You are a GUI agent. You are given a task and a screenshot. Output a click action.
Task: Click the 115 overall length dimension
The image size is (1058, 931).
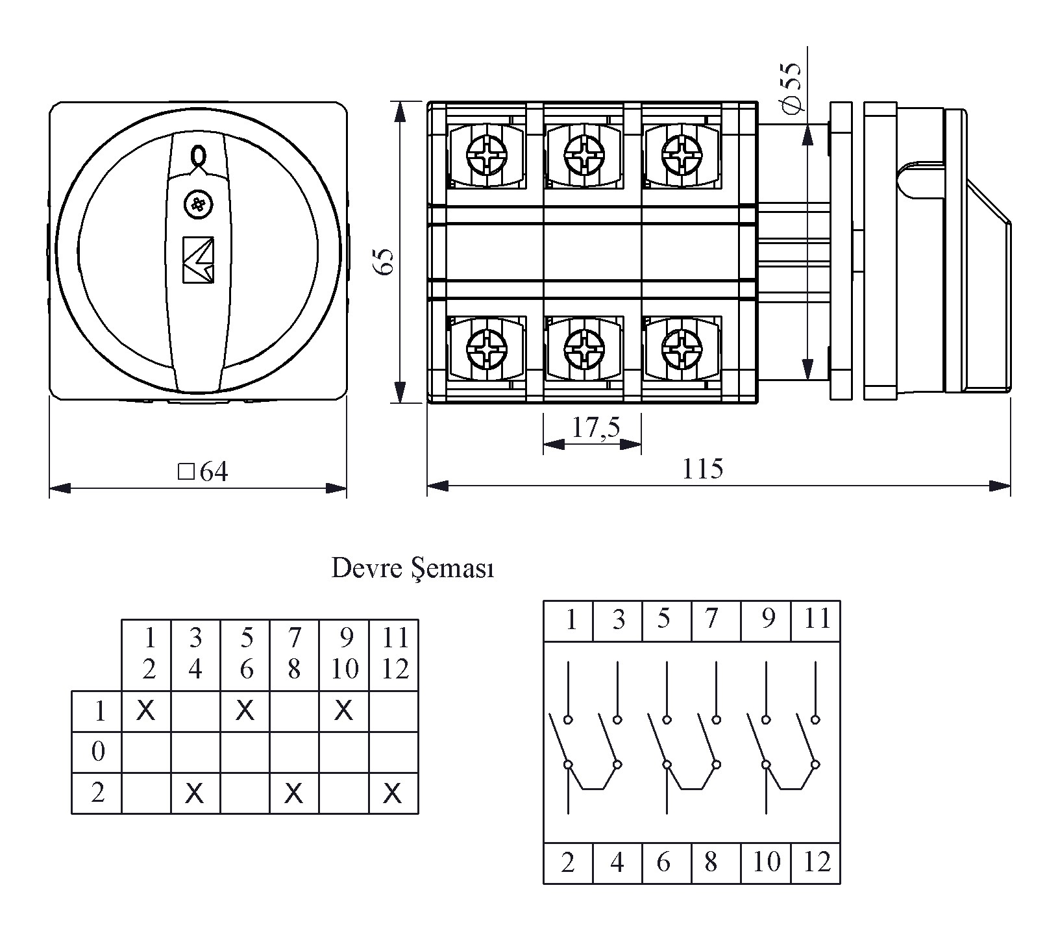click(x=703, y=469)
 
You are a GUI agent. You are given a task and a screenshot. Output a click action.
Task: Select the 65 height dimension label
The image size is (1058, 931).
click(x=386, y=262)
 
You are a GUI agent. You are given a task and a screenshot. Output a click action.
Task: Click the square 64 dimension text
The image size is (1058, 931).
click(x=203, y=472)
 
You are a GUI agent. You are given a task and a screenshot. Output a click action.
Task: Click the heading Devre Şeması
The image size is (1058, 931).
click(x=413, y=569)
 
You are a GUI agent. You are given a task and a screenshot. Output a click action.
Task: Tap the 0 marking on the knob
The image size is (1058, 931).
click(x=198, y=156)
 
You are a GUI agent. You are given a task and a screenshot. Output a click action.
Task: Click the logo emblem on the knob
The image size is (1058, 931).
click(x=198, y=260)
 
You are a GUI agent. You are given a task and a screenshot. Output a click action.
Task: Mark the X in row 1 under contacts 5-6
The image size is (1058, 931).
click(x=245, y=711)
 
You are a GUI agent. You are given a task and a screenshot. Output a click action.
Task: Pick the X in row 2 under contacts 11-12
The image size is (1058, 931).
click(x=393, y=793)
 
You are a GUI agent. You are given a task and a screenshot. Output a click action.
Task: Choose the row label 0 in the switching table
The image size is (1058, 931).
click(x=98, y=752)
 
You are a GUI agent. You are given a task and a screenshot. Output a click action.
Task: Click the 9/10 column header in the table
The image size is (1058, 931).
click(x=345, y=654)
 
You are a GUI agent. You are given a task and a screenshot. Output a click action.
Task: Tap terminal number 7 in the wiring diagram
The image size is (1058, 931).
click(x=711, y=619)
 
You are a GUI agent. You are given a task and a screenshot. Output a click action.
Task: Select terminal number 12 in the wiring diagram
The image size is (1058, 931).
click(x=817, y=862)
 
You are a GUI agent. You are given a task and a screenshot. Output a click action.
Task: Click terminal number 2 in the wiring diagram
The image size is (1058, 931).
click(x=568, y=862)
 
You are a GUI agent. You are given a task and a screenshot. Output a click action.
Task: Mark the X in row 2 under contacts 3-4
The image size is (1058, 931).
click(x=195, y=793)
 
